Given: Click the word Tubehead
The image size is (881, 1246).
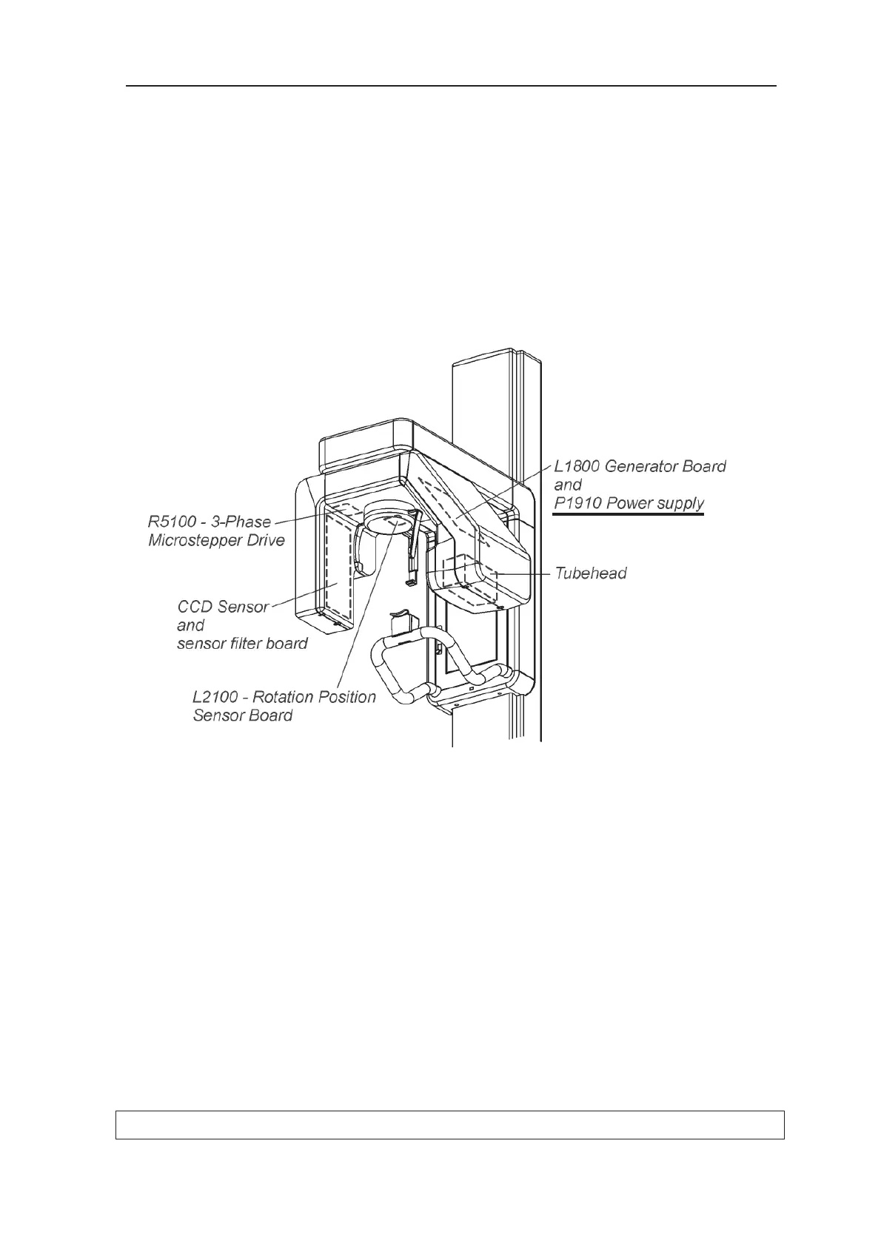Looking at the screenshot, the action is (x=591, y=573).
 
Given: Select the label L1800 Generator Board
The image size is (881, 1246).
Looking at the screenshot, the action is (x=640, y=466).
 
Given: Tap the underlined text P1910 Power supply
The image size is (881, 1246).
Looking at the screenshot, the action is (x=629, y=503).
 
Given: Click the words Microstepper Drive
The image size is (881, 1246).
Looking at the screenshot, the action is (x=216, y=540).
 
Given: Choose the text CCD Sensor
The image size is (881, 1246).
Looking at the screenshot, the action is (x=223, y=607).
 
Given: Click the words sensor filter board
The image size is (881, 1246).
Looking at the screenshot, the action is (x=242, y=644).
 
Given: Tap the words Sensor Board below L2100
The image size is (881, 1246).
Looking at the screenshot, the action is (x=242, y=715).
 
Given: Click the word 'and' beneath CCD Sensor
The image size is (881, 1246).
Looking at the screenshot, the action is (x=190, y=625).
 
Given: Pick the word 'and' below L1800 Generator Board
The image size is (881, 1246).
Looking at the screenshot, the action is (x=568, y=485).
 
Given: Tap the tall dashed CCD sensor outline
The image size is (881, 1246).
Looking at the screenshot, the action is (x=338, y=562).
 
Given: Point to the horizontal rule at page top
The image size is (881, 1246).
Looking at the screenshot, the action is (x=450, y=86).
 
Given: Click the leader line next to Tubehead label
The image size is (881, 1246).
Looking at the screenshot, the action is (x=526, y=573).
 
